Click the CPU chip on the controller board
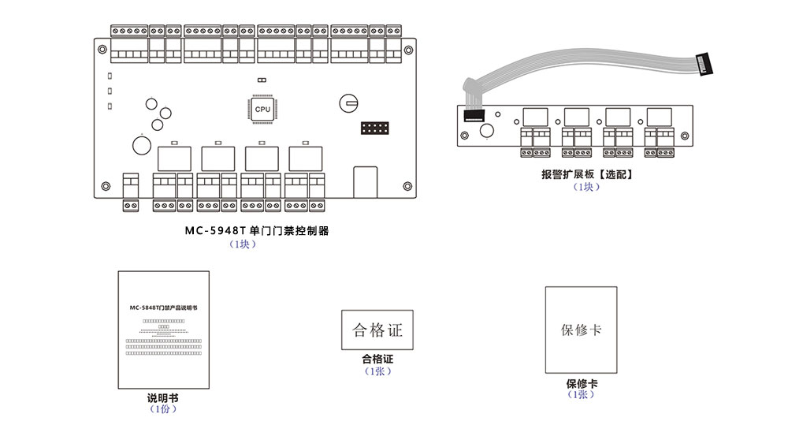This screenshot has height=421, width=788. click(262, 109)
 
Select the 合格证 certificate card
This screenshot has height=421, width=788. click(377, 329)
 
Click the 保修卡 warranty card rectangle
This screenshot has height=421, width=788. click(581, 330)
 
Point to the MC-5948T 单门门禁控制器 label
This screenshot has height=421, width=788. click(256, 231)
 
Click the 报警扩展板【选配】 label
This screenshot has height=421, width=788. click(587, 174)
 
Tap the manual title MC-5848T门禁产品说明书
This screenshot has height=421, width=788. click(164, 305)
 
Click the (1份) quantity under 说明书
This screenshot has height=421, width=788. click(163, 409)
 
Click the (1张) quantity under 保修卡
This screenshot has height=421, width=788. click(582, 395)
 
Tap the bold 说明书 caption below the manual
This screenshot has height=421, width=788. click(163, 397)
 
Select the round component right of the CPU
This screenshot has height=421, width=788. click(349, 102)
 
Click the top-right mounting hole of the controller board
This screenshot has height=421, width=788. click(407, 47)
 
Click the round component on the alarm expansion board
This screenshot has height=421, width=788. click(488, 132)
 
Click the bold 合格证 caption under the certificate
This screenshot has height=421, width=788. click(377, 360)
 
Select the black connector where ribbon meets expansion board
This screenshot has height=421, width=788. click(474, 116)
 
